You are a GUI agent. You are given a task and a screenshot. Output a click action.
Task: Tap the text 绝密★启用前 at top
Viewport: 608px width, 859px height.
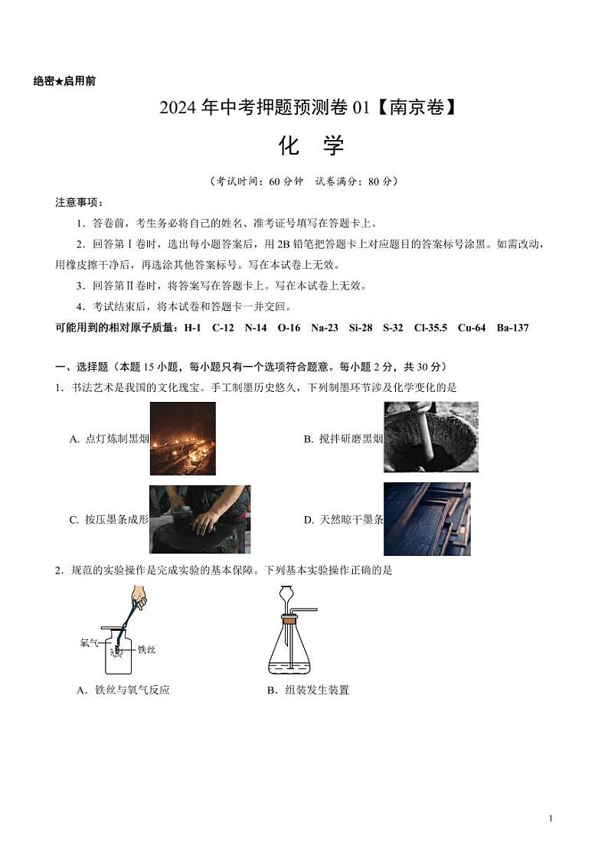(65, 81)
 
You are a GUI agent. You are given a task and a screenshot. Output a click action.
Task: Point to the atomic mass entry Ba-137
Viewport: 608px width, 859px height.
(512, 328)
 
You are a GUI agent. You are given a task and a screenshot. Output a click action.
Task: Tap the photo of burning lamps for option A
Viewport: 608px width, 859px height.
(182, 438)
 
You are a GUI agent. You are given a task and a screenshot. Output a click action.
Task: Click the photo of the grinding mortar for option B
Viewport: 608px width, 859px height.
(430, 436)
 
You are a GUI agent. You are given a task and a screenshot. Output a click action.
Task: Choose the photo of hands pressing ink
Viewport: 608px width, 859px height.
(199, 519)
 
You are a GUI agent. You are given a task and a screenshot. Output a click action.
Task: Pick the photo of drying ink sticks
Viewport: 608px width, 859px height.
(427, 518)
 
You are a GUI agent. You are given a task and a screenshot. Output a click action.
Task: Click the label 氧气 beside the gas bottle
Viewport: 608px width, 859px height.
(89, 642)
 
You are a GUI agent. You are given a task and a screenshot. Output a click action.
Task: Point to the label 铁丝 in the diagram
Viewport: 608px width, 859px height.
(147, 649)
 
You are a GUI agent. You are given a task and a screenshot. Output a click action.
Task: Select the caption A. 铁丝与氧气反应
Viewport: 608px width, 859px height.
(123, 690)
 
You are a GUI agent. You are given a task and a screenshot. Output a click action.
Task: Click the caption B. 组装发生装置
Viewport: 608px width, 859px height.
(309, 690)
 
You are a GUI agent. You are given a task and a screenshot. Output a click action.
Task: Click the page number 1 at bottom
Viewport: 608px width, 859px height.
(551, 818)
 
